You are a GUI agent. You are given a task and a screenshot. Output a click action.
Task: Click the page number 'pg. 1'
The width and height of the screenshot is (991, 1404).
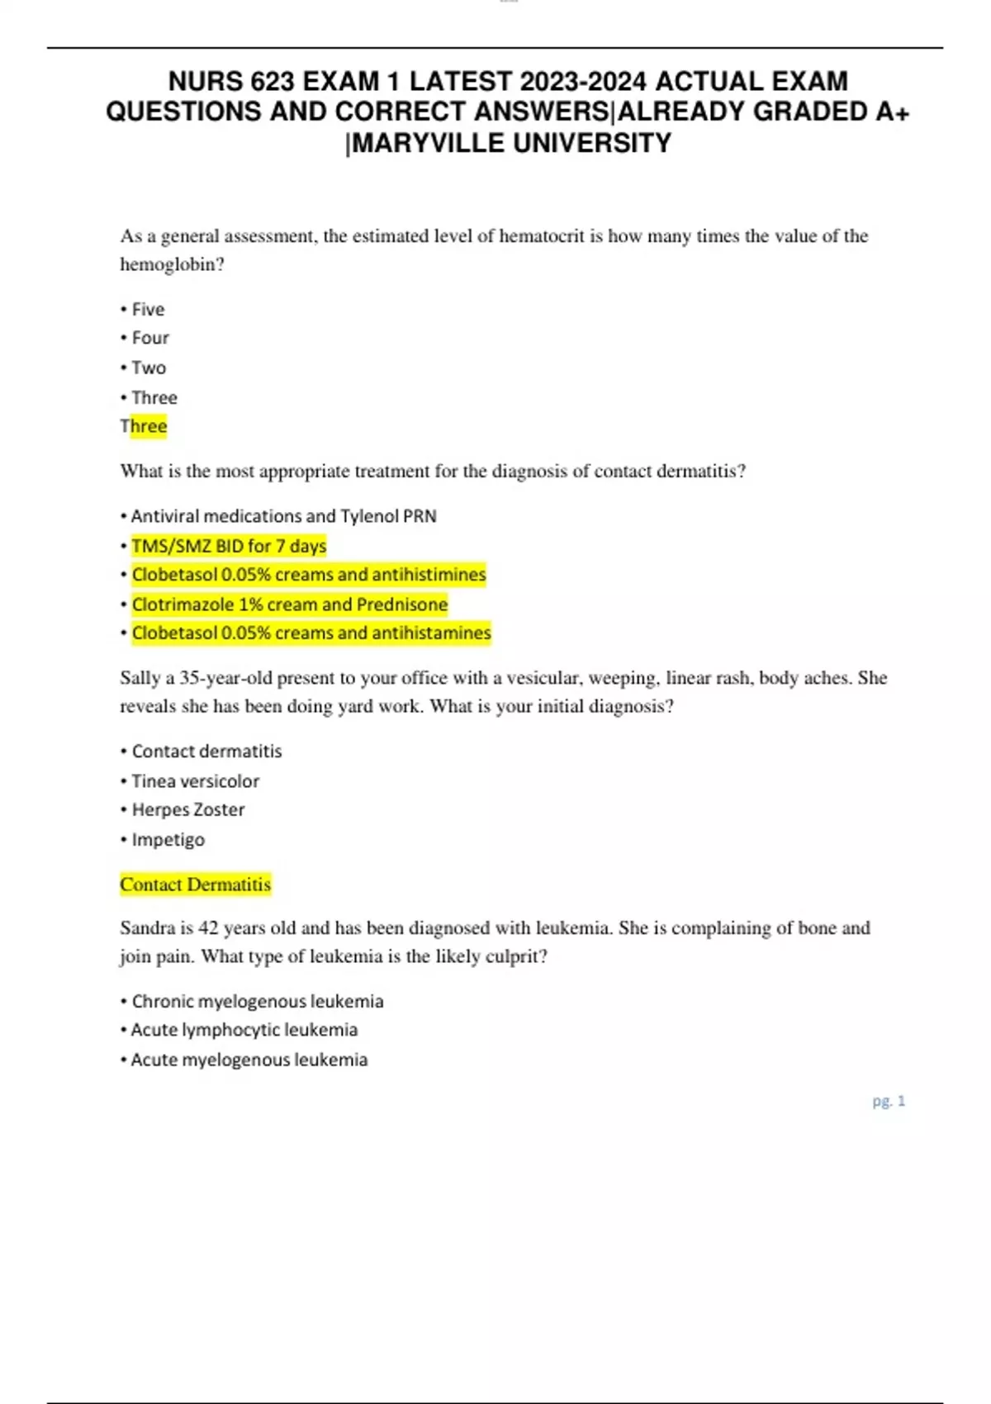click(x=889, y=1101)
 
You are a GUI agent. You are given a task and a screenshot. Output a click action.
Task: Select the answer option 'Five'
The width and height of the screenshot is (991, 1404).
click(x=148, y=310)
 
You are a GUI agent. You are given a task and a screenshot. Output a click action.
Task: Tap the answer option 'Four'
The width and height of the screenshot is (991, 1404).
click(x=149, y=338)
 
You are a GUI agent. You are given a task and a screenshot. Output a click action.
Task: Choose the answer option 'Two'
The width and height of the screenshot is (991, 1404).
click(x=149, y=368)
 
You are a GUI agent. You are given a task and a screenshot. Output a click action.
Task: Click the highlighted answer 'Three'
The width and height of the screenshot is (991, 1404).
click(x=144, y=426)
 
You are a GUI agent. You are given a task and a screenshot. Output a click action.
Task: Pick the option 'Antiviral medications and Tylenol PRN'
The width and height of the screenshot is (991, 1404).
click(x=283, y=516)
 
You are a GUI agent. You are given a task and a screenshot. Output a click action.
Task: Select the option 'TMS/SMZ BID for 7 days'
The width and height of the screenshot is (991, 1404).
click(x=229, y=546)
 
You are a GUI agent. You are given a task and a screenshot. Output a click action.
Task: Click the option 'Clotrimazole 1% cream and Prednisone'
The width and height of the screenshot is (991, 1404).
click(x=289, y=605)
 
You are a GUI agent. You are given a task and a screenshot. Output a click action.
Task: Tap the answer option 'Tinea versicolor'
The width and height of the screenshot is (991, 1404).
click(x=195, y=781)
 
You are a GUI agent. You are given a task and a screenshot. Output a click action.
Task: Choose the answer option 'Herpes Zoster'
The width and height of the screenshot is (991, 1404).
click(x=188, y=810)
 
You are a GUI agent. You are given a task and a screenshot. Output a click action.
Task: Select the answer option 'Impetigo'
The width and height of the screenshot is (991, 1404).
click(x=168, y=840)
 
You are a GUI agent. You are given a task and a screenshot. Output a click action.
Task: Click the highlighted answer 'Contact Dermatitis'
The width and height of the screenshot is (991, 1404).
click(x=195, y=885)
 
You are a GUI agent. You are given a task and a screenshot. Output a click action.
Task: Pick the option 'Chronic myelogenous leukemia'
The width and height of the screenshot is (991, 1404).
click(x=257, y=1002)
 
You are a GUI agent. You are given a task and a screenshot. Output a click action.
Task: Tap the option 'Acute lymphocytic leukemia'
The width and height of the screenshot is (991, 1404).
click(x=244, y=1030)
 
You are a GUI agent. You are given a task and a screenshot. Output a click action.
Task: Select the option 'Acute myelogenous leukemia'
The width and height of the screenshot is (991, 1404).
click(x=249, y=1060)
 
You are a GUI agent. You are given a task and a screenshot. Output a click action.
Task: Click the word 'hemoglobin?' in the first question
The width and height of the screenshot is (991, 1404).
click(x=172, y=265)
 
